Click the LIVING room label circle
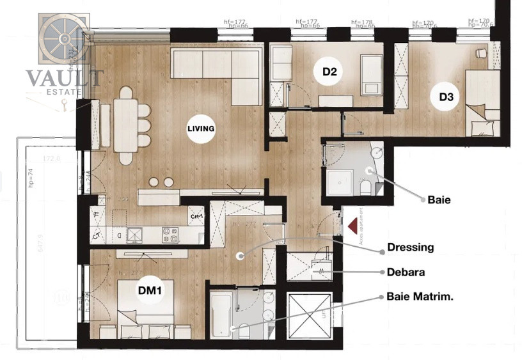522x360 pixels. pyautogui.click(x=200, y=129)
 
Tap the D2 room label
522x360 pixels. pyautogui.click(x=329, y=72)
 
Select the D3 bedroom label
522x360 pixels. pyautogui.click(x=446, y=97)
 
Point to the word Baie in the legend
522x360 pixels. pyautogui.click(x=438, y=200)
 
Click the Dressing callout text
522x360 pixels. pyautogui.click(x=410, y=247)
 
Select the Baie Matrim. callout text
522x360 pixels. pyautogui.click(x=420, y=297)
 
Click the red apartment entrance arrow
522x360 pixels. pyautogui.click(x=352, y=226)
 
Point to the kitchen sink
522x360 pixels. pyautogui.click(x=135, y=235)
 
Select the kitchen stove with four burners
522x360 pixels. pyautogui.click(x=170, y=235)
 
